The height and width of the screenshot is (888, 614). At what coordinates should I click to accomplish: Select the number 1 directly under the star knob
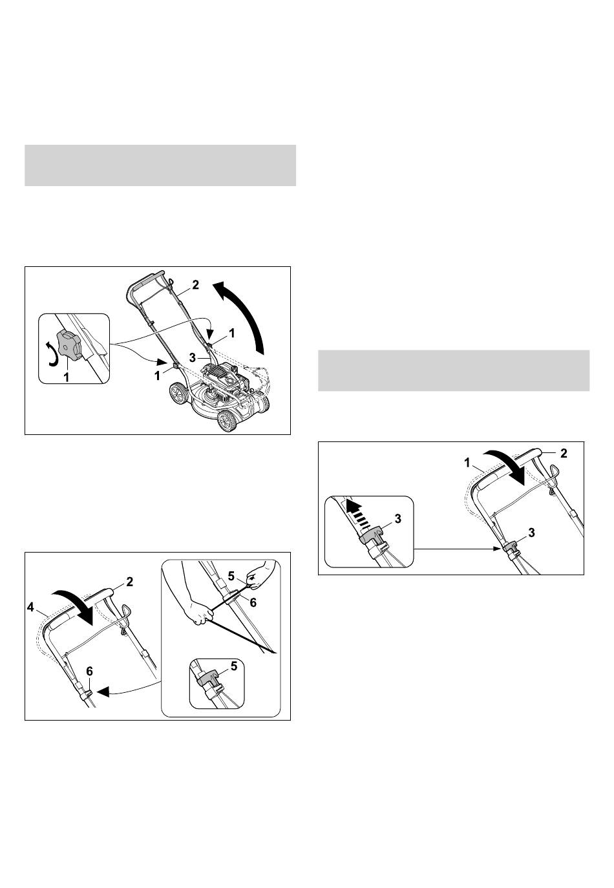[66, 377]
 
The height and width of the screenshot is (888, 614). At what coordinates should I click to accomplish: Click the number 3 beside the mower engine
[192, 357]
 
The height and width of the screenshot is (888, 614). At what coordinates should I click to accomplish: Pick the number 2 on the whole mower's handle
[196, 285]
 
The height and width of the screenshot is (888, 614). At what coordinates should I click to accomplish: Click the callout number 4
[31, 607]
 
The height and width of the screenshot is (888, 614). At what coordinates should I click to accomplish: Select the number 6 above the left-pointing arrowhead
[90, 671]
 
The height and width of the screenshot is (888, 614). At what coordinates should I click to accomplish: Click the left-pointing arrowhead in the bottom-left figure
[102, 692]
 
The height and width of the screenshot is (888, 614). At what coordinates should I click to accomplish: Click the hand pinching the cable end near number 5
[256, 576]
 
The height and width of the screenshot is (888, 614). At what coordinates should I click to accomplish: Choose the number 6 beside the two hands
[253, 603]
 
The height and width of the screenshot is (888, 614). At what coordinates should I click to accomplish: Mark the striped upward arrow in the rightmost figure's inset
[355, 511]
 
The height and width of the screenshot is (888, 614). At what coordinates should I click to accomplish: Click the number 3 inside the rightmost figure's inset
[397, 519]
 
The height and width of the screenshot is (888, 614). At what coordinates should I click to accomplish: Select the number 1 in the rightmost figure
[468, 462]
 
